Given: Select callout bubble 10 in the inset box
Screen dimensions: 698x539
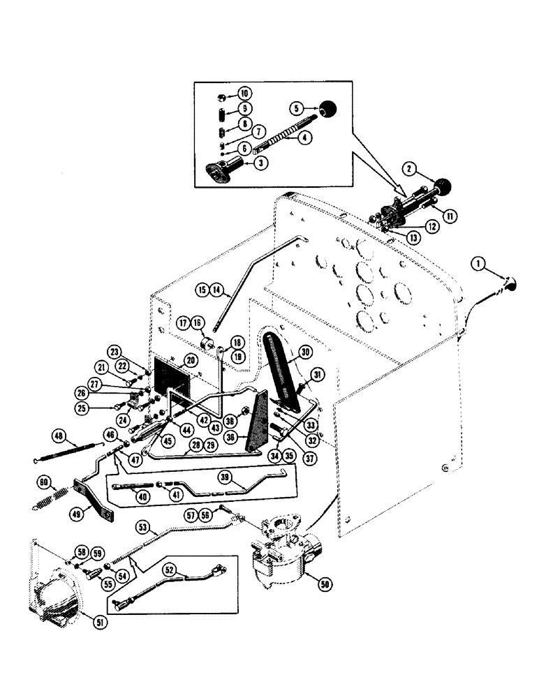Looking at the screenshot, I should tap(244, 93).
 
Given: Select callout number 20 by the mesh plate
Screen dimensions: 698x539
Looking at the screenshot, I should tap(189, 361).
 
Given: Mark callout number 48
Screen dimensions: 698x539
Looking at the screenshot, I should tap(60, 438).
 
